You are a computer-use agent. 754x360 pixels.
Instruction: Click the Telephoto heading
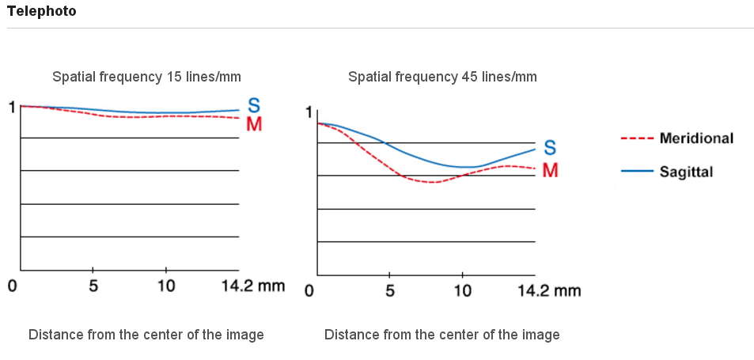(x=42, y=12)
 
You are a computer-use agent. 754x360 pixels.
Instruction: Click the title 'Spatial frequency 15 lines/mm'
(x=146, y=77)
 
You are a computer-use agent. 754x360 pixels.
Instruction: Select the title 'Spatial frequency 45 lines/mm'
(x=442, y=77)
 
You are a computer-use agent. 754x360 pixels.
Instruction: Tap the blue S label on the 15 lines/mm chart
(x=254, y=105)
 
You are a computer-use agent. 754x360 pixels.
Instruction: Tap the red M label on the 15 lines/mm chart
(x=254, y=124)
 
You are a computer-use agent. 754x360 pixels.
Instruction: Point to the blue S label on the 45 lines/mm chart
(x=550, y=148)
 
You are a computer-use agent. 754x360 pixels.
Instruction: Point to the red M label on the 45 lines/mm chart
(x=550, y=170)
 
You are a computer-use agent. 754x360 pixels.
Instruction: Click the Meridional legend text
(x=696, y=138)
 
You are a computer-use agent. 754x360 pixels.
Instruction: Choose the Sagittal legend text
(x=686, y=172)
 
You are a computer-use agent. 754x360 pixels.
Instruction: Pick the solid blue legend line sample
(x=636, y=171)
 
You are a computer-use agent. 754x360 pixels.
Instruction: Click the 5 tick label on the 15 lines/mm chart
(x=93, y=286)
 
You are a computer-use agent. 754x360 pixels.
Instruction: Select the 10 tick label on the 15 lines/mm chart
(x=165, y=286)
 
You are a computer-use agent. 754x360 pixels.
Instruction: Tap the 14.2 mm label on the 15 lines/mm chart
(x=252, y=286)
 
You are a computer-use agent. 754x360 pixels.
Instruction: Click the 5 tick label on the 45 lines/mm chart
(x=389, y=290)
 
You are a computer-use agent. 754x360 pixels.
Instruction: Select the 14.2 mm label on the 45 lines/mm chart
(x=548, y=290)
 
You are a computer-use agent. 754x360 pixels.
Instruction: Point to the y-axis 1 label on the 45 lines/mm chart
(x=309, y=112)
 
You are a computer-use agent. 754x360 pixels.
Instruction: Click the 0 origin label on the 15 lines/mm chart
(x=13, y=286)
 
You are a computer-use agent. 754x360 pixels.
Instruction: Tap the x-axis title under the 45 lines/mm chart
(x=441, y=335)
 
